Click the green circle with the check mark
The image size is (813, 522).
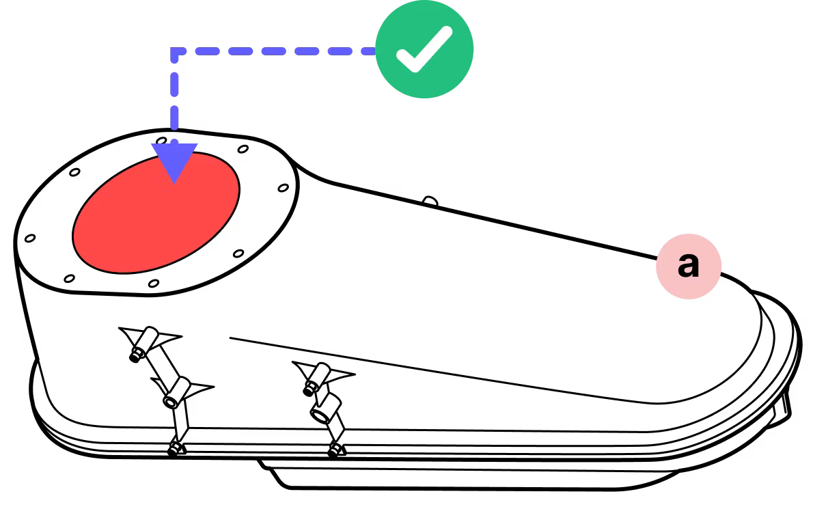point(424,50)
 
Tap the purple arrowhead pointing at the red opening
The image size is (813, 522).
point(175,161)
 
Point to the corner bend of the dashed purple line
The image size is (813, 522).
point(176,52)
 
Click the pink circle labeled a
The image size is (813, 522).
point(689,266)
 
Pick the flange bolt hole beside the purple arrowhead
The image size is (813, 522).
point(161,141)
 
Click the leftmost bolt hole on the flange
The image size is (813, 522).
point(29,238)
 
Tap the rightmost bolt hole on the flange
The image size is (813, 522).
point(283,187)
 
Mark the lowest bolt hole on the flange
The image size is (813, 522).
point(153,283)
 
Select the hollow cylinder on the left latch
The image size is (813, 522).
point(174,398)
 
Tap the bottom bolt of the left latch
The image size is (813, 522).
point(175,448)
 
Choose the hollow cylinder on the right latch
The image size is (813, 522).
point(321,412)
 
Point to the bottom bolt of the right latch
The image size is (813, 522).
point(334,450)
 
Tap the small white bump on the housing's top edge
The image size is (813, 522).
point(430,202)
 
